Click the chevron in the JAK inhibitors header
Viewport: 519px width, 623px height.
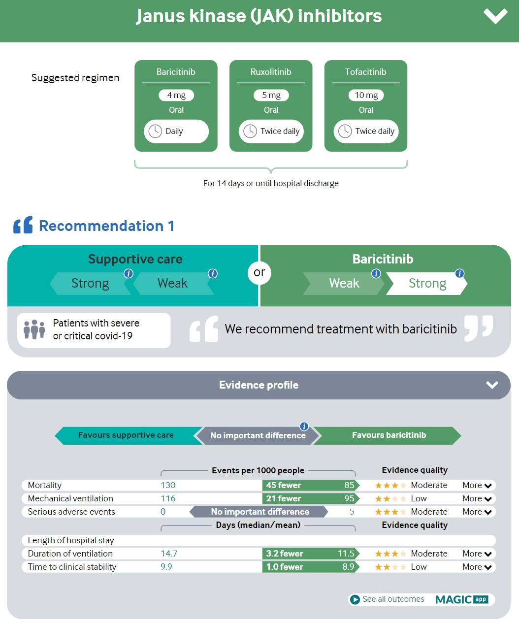tap(495, 16)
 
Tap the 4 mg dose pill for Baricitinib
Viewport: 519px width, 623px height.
tap(176, 95)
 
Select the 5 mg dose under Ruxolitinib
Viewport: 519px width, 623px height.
tap(271, 95)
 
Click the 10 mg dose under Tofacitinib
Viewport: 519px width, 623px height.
tap(366, 95)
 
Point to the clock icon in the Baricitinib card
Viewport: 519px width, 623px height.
tap(155, 131)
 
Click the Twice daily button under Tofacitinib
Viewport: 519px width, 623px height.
tap(366, 131)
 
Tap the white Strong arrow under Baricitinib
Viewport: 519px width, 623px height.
tap(426, 284)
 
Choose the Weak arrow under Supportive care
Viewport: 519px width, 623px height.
tap(173, 284)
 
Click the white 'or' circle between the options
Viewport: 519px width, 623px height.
tap(259, 273)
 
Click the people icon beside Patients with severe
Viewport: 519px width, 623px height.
tap(34, 329)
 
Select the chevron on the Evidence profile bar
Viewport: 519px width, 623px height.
tap(492, 385)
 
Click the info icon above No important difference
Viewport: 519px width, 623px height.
tap(304, 426)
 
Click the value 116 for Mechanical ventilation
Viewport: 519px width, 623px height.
tap(168, 498)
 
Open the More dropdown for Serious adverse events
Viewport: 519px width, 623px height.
tap(477, 512)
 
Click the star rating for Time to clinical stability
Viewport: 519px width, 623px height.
tap(390, 567)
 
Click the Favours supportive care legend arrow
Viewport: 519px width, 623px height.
tap(126, 435)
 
